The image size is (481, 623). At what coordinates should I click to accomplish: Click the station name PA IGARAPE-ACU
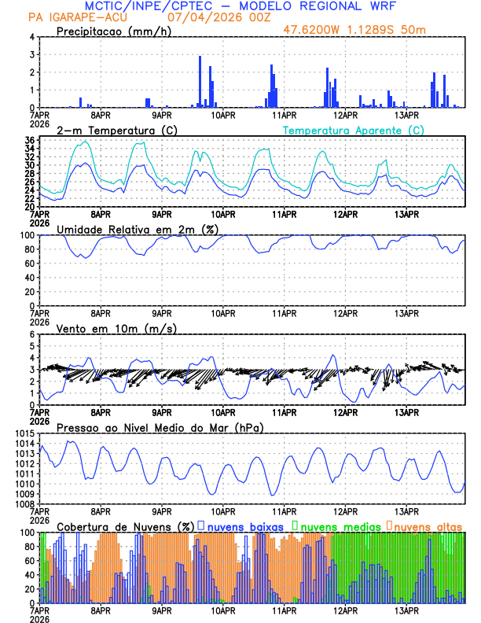[71, 17]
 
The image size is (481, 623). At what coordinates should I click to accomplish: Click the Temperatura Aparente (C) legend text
[354, 130]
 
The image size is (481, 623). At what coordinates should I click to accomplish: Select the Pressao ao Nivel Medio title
[160, 427]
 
